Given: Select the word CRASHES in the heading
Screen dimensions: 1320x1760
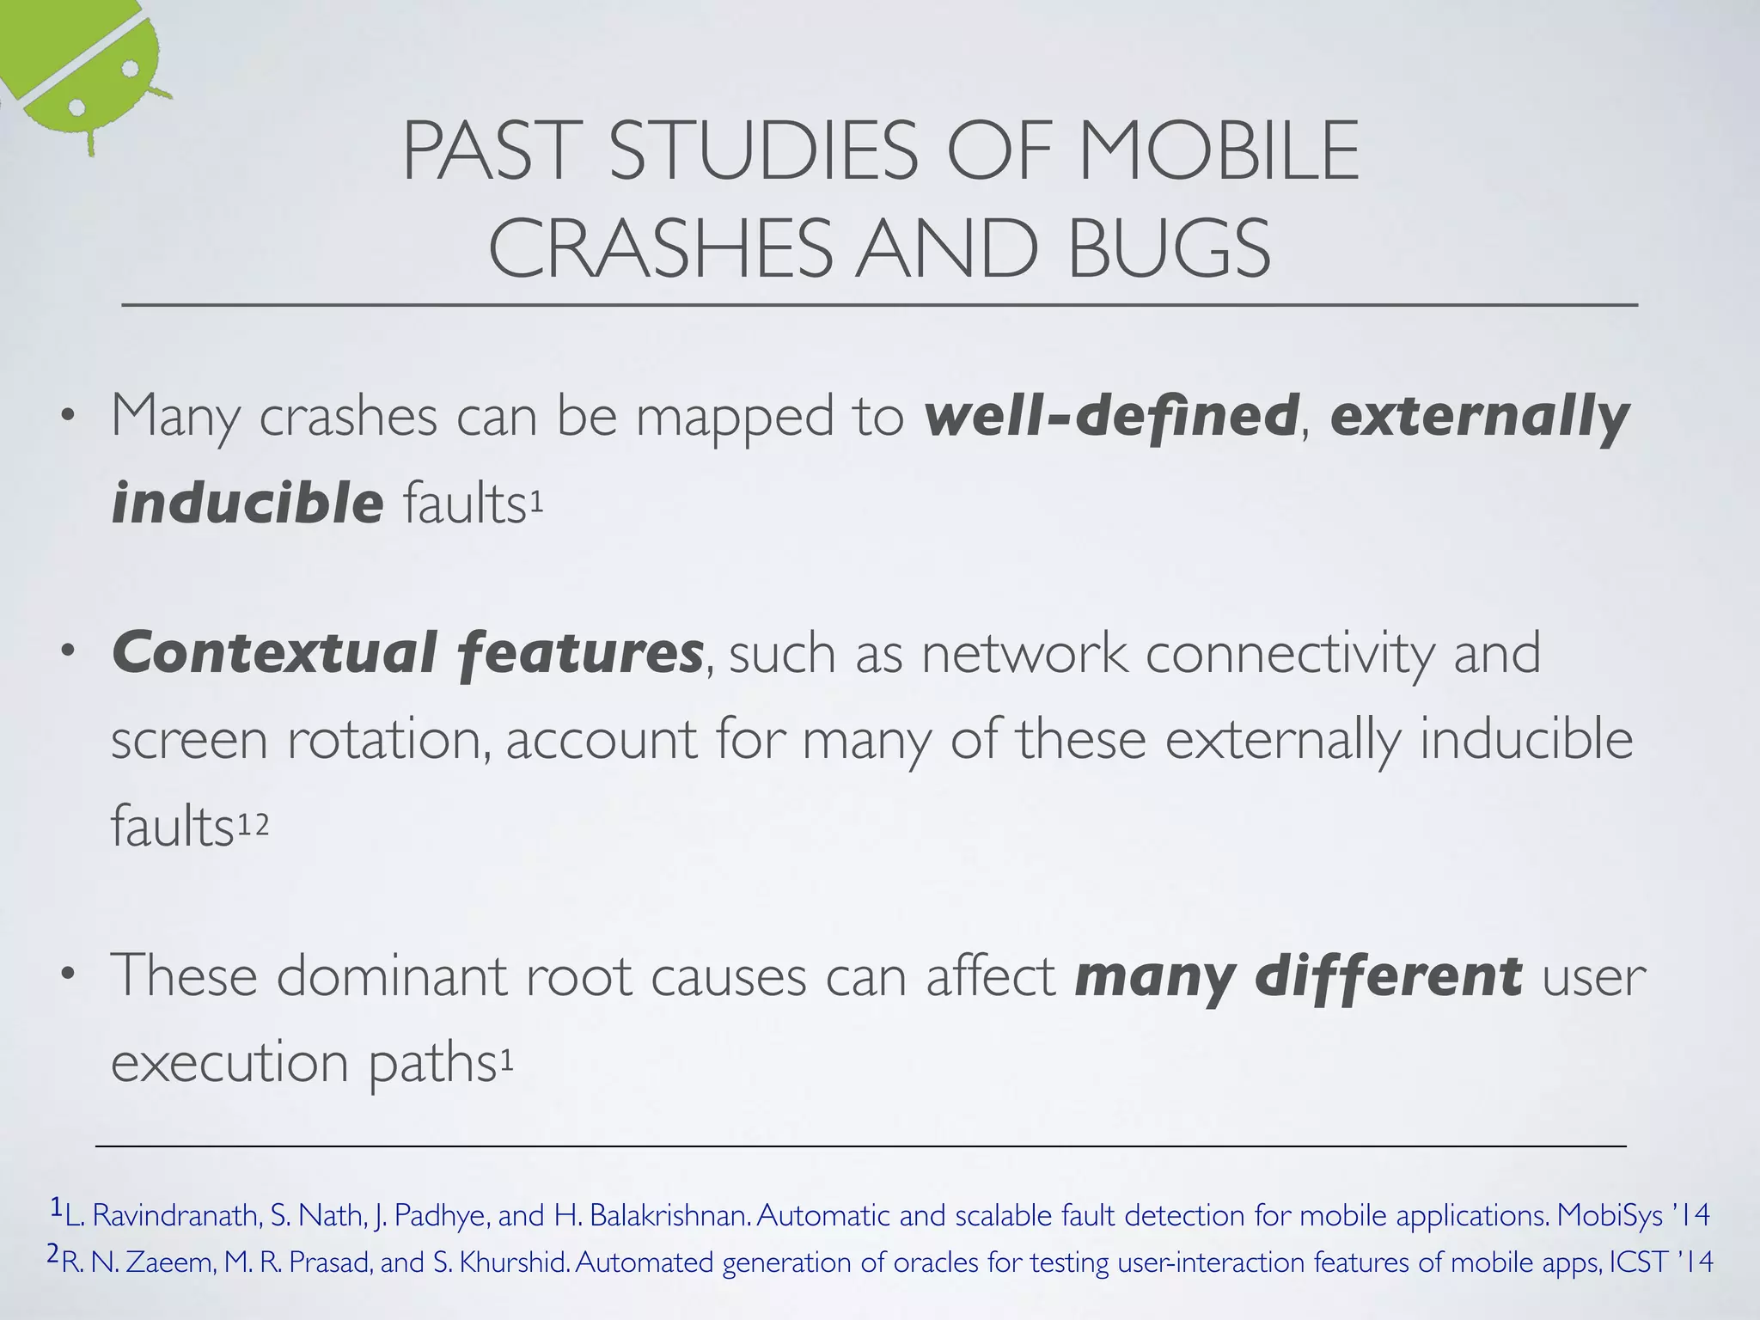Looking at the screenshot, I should point(660,249).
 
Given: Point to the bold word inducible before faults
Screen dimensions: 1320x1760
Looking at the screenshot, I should point(247,503).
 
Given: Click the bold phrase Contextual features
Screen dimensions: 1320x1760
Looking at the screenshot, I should point(408,653).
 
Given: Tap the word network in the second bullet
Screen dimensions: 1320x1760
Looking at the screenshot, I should point(1024,653).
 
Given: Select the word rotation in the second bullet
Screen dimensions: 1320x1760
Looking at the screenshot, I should point(388,741).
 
